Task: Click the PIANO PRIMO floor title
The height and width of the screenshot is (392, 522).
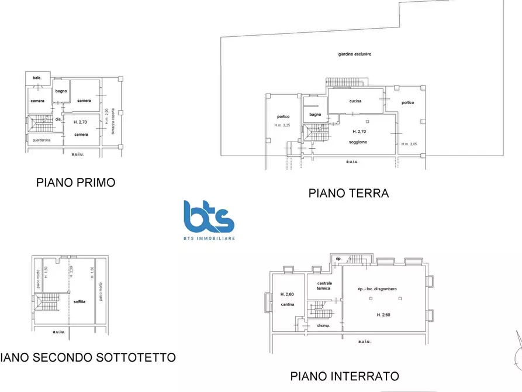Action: (75, 183)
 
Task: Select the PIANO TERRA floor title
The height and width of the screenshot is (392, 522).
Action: (348, 193)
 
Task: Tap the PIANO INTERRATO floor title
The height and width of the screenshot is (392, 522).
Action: (344, 376)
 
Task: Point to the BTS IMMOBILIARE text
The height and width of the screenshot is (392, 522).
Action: (208, 239)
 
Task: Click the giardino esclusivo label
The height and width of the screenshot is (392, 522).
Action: (355, 54)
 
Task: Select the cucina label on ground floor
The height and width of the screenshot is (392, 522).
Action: (355, 101)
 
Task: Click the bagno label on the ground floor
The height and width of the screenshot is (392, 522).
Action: (315, 114)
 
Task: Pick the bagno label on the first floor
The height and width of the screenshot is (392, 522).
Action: (61, 91)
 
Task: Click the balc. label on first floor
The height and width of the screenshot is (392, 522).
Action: (37, 78)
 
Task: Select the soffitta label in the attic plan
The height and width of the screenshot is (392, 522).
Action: (79, 301)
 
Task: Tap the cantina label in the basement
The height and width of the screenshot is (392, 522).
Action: (286, 304)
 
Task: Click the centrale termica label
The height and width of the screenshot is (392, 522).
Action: (324, 286)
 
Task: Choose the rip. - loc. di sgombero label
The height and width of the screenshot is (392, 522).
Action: (380, 288)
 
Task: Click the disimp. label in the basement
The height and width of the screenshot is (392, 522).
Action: (323, 325)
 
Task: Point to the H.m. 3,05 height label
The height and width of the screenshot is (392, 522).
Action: (409, 144)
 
